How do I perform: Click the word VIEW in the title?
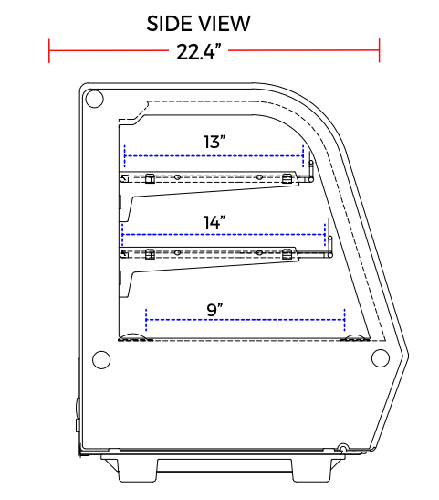coord(225,23)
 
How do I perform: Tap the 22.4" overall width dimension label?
coord(199,52)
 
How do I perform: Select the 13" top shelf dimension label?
coord(214,142)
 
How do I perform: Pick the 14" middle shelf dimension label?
coord(214,222)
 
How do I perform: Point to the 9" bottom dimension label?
coord(214,309)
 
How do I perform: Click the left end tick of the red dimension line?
coord(49,50)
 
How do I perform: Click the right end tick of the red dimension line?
coord(379,50)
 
